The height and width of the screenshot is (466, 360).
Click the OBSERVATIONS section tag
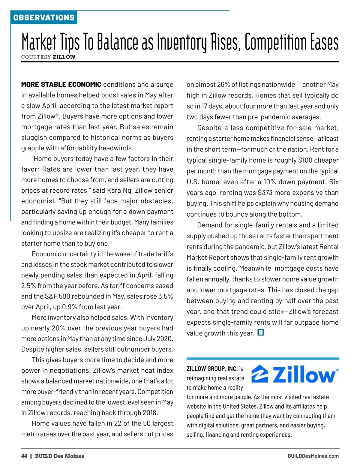click(x=44, y=17)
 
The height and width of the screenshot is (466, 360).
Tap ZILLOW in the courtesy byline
click(x=64, y=57)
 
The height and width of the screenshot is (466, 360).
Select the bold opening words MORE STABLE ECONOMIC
click(x=61, y=85)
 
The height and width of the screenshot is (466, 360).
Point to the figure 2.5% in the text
click(x=28, y=286)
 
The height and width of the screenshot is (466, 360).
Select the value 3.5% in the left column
click(x=166, y=296)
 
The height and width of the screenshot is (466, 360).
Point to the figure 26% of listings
click(x=223, y=85)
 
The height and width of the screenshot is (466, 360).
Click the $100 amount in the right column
click(x=305, y=160)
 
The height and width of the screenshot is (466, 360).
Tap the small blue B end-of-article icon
click(x=261, y=332)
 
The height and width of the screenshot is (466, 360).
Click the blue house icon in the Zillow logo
click(x=260, y=374)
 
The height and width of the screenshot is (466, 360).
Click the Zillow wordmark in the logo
click(x=304, y=375)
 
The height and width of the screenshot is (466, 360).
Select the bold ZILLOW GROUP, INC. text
click(x=212, y=369)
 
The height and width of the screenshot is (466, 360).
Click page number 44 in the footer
click(x=24, y=456)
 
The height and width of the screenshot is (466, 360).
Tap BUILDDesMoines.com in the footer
click(x=313, y=456)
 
